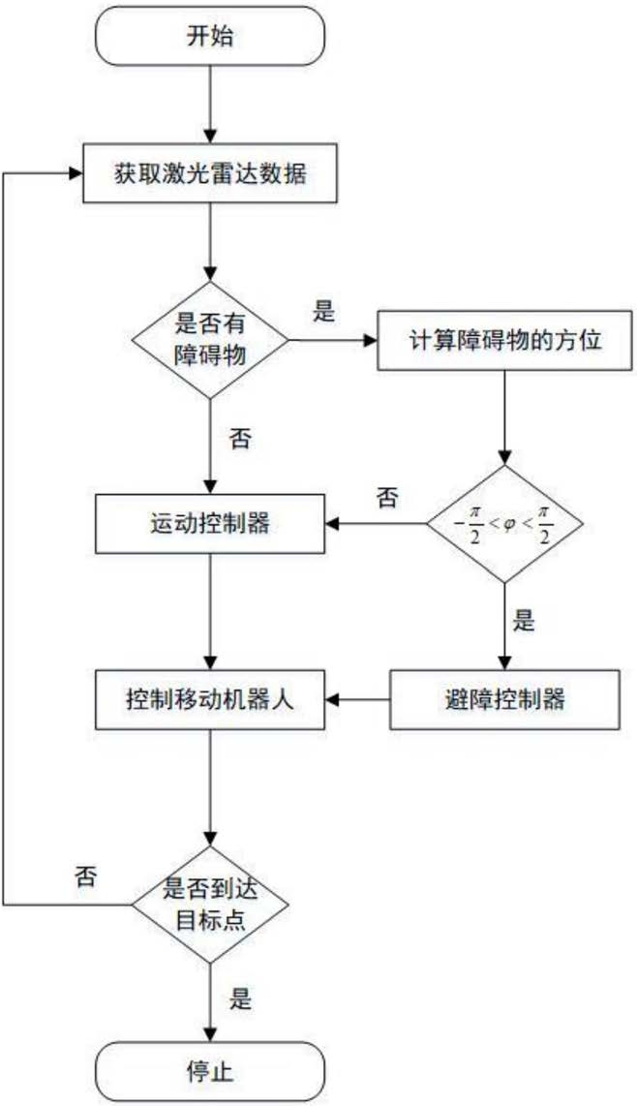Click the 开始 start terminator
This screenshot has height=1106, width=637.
click(x=211, y=38)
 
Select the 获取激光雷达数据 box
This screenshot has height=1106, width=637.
click(x=211, y=174)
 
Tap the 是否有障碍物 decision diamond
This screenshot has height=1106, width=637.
click(x=211, y=341)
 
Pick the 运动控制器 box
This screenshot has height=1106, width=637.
click(x=211, y=524)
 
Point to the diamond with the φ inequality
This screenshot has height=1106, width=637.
click(x=504, y=524)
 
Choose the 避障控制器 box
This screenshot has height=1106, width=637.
click(x=504, y=697)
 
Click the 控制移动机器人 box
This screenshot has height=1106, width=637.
click(x=211, y=697)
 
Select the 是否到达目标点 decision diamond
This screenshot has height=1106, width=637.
click(x=211, y=905)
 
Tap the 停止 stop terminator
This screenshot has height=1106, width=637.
click(x=211, y=1072)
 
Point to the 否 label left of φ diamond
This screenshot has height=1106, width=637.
click(x=386, y=498)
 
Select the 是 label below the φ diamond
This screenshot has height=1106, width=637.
click(x=524, y=622)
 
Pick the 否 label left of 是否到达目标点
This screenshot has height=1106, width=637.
click(x=85, y=876)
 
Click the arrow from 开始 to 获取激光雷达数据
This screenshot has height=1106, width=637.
click(x=211, y=106)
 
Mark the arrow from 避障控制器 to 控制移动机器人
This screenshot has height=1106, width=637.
click(x=358, y=697)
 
